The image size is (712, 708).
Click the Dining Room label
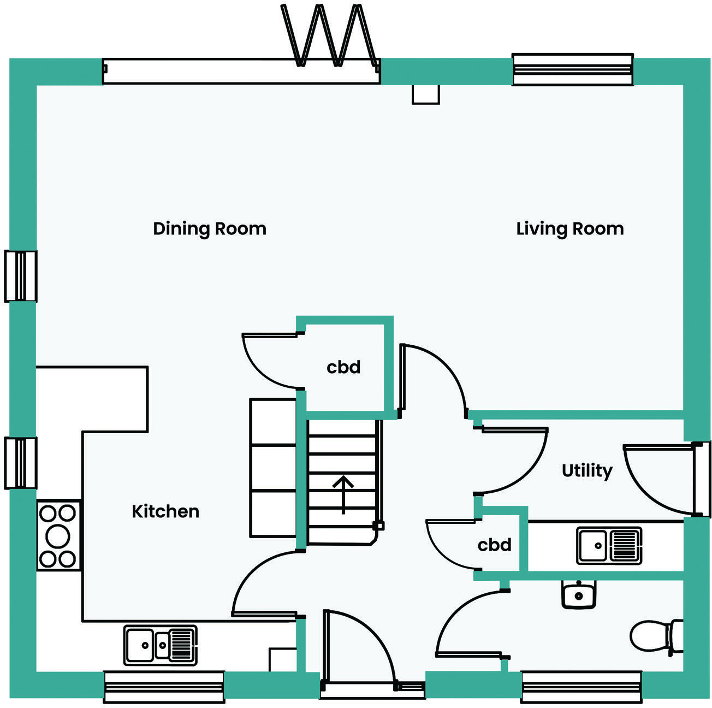coord(210,228)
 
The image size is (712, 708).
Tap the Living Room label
coord(569,228)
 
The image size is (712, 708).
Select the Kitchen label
coord(165,511)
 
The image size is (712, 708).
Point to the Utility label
coord(587,470)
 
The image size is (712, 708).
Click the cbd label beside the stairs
coord(343,367)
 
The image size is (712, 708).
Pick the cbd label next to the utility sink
coord(494,545)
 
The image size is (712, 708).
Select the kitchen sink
coord(160,645)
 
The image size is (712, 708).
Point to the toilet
coord(655,636)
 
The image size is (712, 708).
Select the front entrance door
coord(358,650)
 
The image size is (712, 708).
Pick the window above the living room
coord(572,69)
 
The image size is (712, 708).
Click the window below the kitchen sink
coord(164,687)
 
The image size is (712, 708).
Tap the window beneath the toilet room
coord(581,687)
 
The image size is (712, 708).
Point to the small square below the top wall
coord(425,94)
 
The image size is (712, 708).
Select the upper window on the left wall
coord(21,276)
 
